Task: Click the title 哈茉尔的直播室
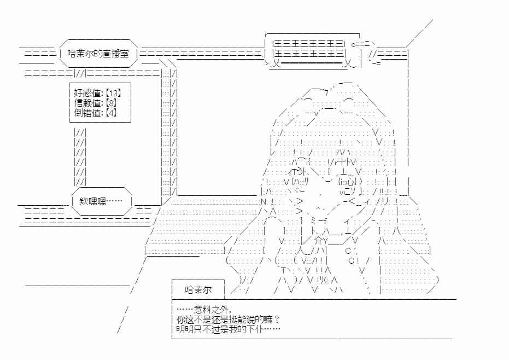[98, 54]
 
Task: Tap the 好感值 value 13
[113, 93]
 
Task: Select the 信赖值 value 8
[111, 103]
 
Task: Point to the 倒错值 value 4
[111, 113]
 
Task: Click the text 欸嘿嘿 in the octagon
[93, 201]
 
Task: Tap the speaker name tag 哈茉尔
[198, 289]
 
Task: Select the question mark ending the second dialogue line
[276, 320]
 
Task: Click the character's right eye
[347, 181]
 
